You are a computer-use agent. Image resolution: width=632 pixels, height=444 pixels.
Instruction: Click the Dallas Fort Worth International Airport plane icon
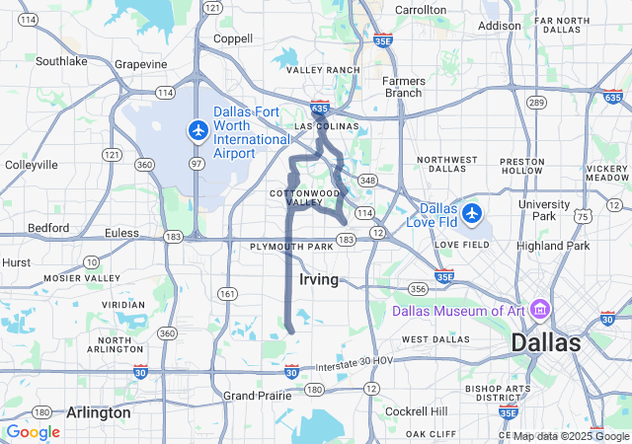198,129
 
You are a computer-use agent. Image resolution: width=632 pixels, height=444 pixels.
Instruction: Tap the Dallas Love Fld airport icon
472,212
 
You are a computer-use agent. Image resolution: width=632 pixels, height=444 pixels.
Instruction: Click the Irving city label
318,280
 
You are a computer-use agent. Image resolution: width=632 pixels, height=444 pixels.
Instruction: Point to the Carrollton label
421,10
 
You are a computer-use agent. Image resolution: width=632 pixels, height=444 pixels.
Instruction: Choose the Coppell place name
233,40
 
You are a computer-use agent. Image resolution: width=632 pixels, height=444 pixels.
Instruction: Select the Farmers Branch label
404,87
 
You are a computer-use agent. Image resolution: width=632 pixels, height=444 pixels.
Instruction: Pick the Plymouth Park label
292,246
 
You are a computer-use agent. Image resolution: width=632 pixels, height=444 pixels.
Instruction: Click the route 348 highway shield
367,180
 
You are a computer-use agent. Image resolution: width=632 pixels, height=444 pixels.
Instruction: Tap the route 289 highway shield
536,102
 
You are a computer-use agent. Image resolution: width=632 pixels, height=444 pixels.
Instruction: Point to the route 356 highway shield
418,289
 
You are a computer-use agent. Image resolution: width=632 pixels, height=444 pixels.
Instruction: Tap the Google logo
34,431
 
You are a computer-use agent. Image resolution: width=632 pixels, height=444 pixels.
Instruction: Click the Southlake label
61,61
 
